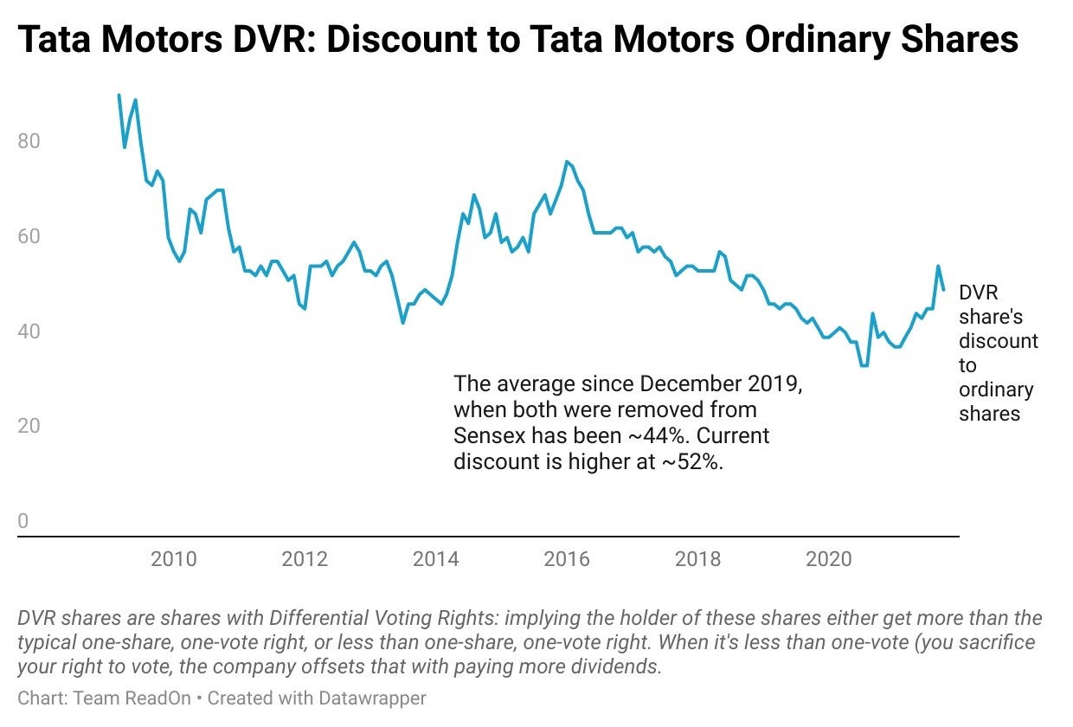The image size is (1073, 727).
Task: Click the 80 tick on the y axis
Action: tap(29, 140)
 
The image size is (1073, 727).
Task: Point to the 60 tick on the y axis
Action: tap(29, 235)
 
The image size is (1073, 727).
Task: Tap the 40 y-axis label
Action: tap(29, 331)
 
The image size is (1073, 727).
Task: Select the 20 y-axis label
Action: tap(29, 426)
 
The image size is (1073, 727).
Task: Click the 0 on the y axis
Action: tap(23, 521)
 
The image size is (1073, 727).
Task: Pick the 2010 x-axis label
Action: tap(174, 559)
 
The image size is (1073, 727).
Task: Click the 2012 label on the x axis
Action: tap(305, 559)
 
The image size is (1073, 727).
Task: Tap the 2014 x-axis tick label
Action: tap(435, 559)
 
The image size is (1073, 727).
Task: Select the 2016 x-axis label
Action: tap(566, 559)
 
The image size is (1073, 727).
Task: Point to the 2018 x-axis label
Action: tap(697, 559)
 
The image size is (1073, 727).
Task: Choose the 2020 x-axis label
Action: tap(828, 559)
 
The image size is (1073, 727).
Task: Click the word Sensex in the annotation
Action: tap(492, 435)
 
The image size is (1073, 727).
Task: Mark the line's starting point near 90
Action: tap(119, 95)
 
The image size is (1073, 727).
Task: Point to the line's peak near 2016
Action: tap(566, 162)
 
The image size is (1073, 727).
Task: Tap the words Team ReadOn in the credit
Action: tap(131, 698)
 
